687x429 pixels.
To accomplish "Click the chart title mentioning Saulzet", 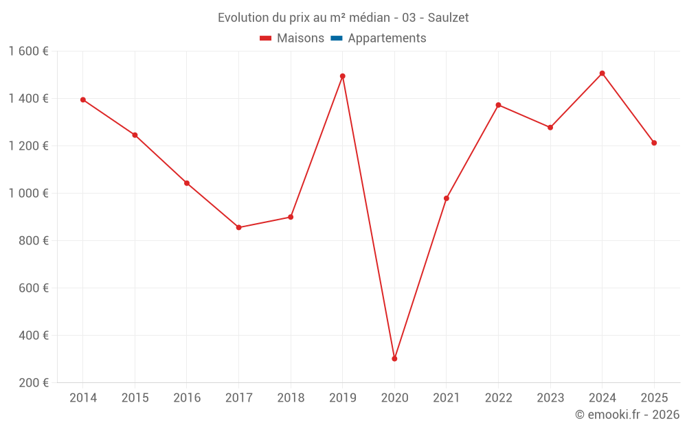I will (343, 18).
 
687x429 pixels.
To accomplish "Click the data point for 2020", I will (394, 358).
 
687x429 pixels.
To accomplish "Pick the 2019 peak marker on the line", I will (343, 76).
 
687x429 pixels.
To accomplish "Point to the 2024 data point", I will (602, 73).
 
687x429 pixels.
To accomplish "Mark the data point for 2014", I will (83, 100).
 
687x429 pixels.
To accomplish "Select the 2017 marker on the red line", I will (238, 227).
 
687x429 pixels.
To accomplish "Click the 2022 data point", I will (498, 105).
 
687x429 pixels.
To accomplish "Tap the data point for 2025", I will (654, 143).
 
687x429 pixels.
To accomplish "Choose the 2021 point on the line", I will (447, 198).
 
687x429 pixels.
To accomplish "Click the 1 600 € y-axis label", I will (28, 51).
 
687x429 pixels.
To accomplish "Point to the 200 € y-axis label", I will (34, 383).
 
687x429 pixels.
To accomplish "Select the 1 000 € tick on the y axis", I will (28, 194).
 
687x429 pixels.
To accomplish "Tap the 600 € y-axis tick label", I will (34, 288).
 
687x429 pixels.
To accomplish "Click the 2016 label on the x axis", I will (187, 398).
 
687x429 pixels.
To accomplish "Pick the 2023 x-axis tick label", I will (550, 398).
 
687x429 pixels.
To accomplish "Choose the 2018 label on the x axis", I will (291, 398).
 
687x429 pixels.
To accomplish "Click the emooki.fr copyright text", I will (627, 415).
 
